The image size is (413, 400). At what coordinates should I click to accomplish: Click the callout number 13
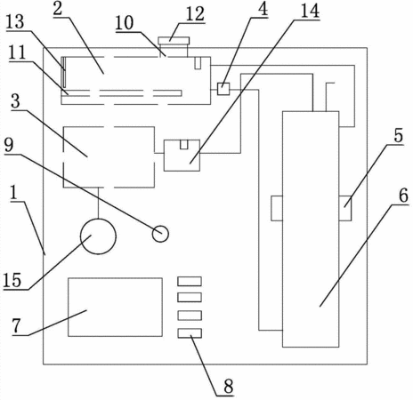click(x=15, y=22)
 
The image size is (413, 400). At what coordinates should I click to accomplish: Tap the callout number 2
click(x=58, y=9)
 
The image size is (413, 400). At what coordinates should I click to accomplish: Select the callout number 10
click(x=125, y=23)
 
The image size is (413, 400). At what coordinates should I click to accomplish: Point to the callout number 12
click(x=195, y=14)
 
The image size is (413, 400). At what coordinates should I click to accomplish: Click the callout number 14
click(x=310, y=11)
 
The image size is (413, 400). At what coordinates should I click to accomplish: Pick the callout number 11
click(x=17, y=52)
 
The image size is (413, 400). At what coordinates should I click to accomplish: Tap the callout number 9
click(x=9, y=145)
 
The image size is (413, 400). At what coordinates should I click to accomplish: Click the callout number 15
click(x=12, y=280)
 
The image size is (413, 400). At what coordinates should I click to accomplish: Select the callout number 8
click(x=229, y=387)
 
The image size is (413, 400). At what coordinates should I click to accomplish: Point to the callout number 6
click(x=403, y=196)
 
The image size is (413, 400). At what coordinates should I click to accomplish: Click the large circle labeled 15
click(x=98, y=236)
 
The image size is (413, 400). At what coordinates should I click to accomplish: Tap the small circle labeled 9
click(x=160, y=234)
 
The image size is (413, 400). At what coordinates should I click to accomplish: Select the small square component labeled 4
click(x=223, y=89)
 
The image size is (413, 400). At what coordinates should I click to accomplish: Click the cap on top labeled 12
click(x=174, y=41)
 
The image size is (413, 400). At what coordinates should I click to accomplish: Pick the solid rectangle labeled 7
click(x=115, y=307)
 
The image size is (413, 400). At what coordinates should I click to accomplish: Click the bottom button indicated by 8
click(x=190, y=333)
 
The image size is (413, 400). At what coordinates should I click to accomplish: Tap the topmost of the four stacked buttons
click(x=190, y=281)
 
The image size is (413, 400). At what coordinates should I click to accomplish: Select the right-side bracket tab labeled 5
click(x=345, y=208)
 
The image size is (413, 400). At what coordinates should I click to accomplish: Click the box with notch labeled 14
click(x=182, y=156)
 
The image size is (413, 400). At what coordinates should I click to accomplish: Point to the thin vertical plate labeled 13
click(x=64, y=72)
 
